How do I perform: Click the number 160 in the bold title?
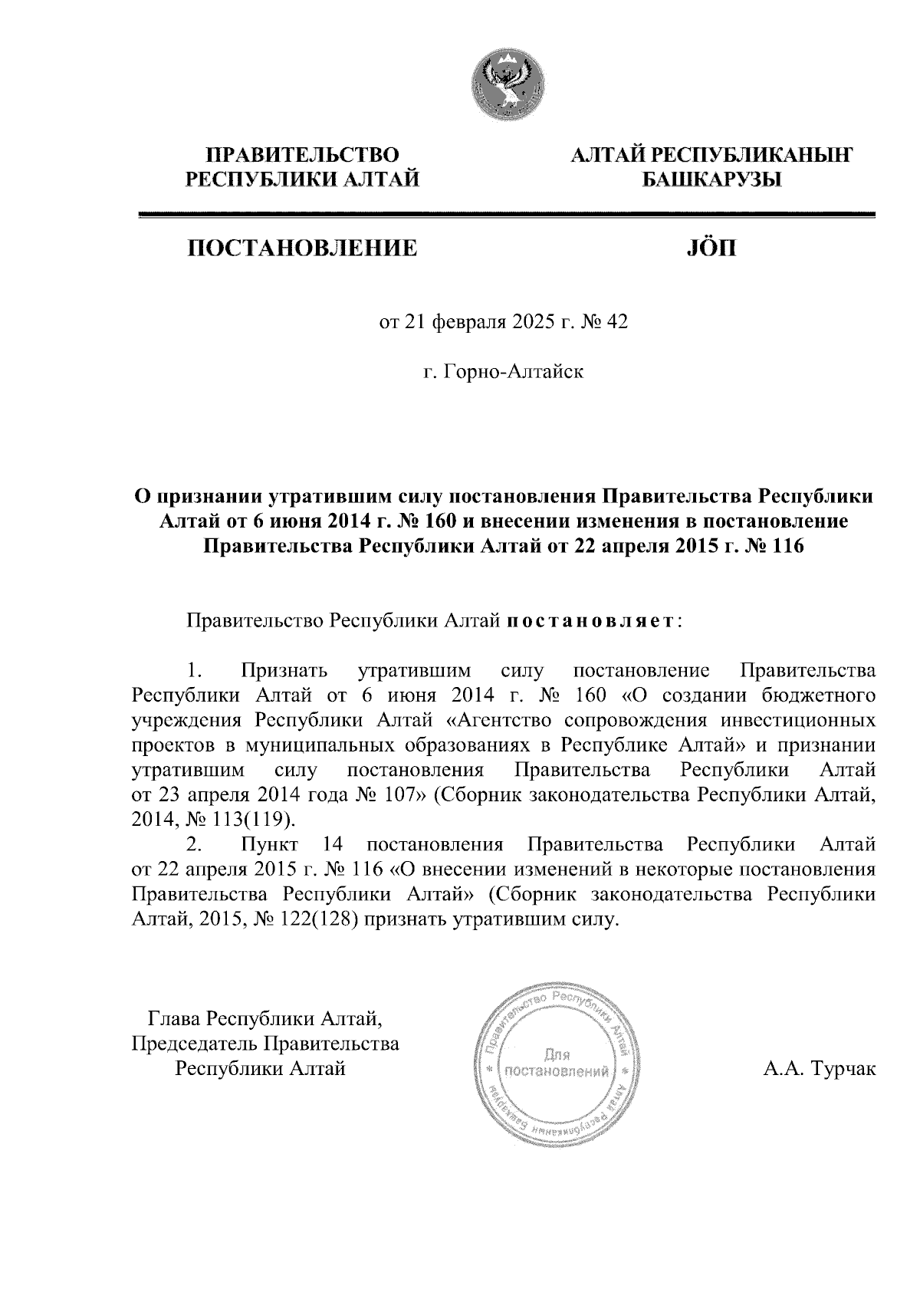coord(439,522)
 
